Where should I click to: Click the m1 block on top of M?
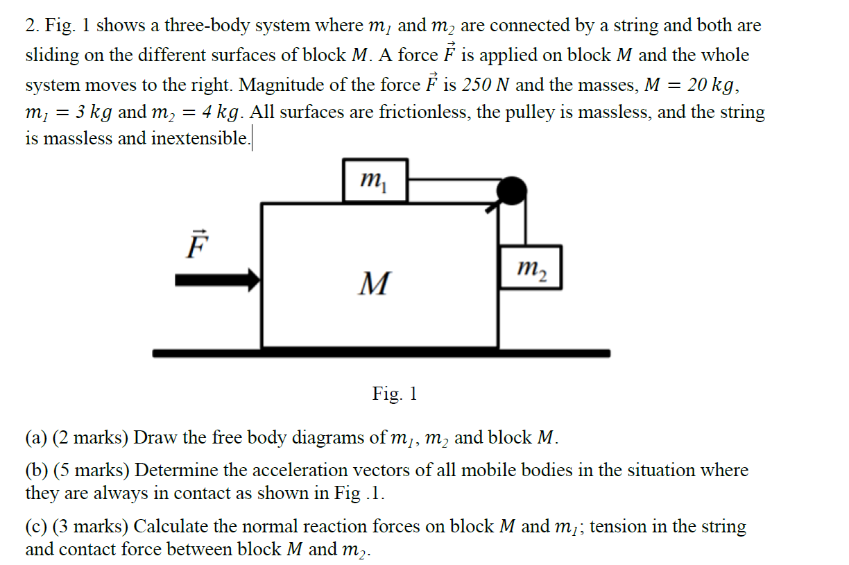(x=375, y=180)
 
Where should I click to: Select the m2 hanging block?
(x=530, y=267)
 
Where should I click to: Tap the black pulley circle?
(x=513, y=190)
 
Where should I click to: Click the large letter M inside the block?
(x=374, y=283)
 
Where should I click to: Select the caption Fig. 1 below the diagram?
(x=395, y=394)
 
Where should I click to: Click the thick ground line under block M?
(x=381, y=353)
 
